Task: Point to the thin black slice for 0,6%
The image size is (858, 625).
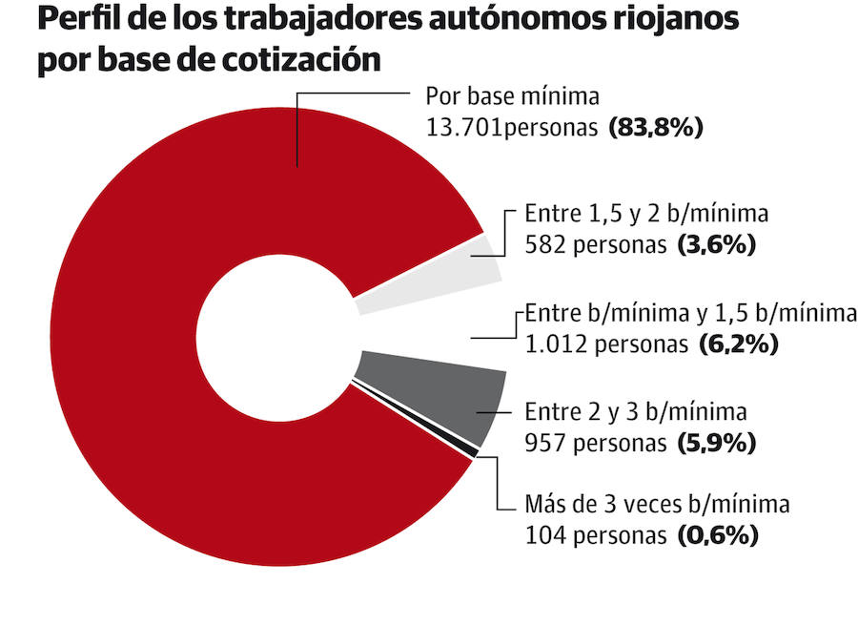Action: tap(419, 421)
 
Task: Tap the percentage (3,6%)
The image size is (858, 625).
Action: tap(716, 244)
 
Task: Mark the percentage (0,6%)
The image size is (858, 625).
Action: tap(718, 535)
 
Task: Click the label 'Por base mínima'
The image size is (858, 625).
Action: tap(512, 97)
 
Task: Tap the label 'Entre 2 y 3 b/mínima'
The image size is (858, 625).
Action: tap(636, 412)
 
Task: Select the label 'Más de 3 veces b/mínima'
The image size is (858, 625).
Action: tap(658, 505)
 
